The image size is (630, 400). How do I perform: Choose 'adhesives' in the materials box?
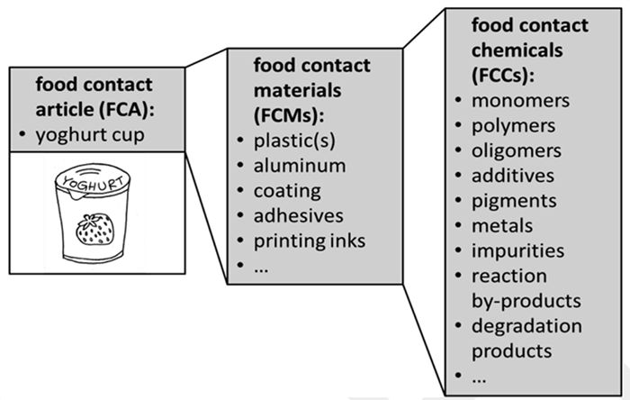tap(298, 216)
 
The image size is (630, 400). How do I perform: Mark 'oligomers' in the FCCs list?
tap(518, 150)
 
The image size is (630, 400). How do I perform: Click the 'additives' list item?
tap(514, 176)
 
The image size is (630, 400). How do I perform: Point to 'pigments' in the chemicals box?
tap(515, 200)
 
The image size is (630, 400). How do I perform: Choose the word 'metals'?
tap(503, 225)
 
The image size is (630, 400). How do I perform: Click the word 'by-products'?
tap(526, 300)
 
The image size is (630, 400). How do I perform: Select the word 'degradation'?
tap(527, 325)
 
